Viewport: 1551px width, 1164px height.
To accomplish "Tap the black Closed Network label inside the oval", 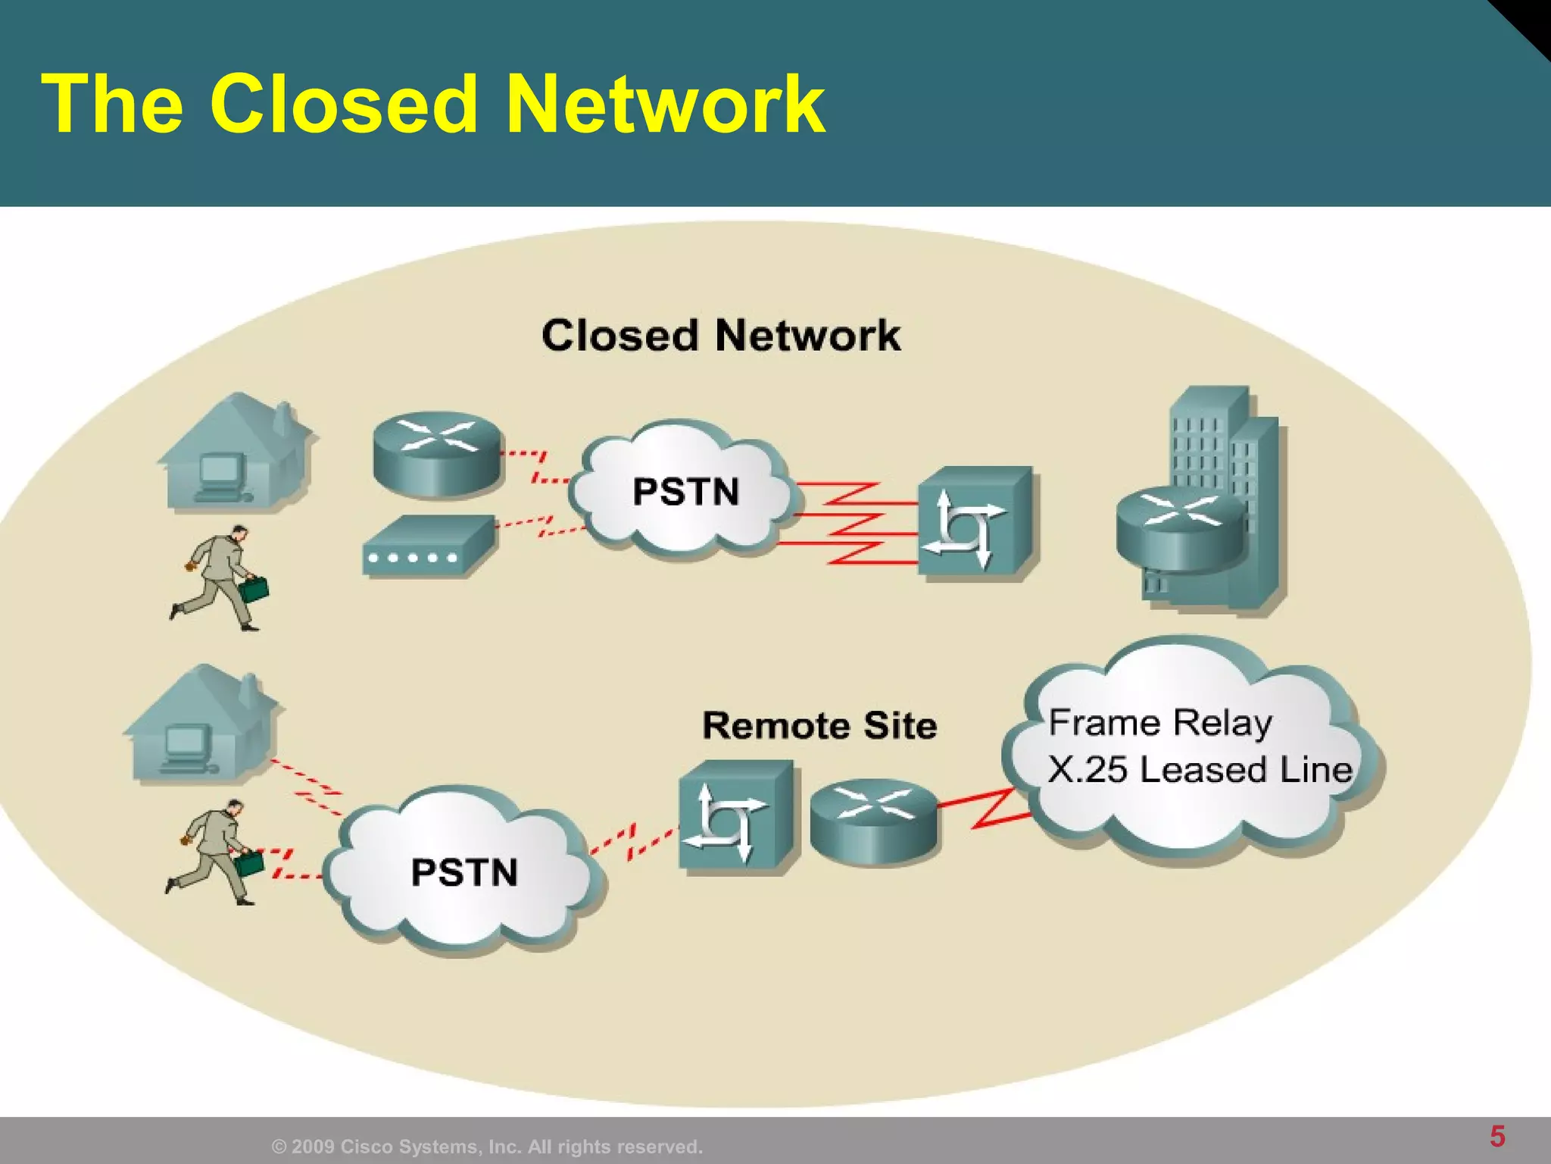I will coord(720,336).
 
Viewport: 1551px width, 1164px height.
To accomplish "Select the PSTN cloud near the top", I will coord(685,491).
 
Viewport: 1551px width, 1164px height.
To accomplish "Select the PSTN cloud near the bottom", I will coord(463,871).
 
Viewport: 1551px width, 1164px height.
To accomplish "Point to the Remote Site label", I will coord(819,726).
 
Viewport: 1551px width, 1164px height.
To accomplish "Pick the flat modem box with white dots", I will coord(429,546).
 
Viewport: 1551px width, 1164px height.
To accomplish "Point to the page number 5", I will coord(1497,1137).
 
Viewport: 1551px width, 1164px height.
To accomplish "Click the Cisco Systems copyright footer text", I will coord(487,1147).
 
